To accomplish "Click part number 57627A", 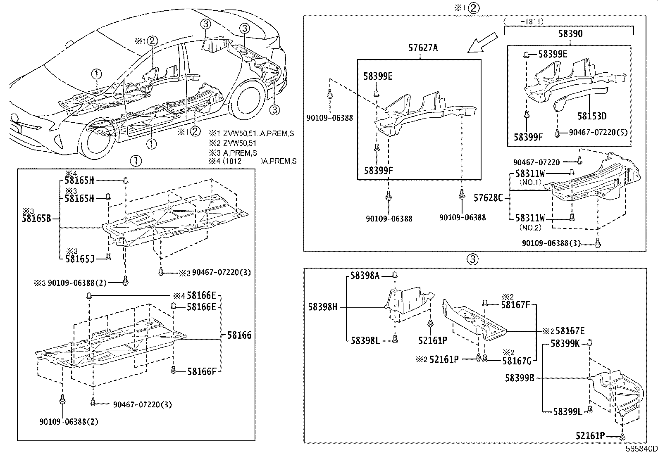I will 423,48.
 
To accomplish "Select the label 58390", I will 570,33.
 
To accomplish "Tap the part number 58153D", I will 592,116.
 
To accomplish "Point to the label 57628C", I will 488,198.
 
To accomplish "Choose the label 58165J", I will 79,259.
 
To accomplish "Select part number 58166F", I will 201,371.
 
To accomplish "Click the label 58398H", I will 323,307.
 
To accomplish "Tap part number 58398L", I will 365,340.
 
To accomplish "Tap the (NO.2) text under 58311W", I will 530,228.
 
